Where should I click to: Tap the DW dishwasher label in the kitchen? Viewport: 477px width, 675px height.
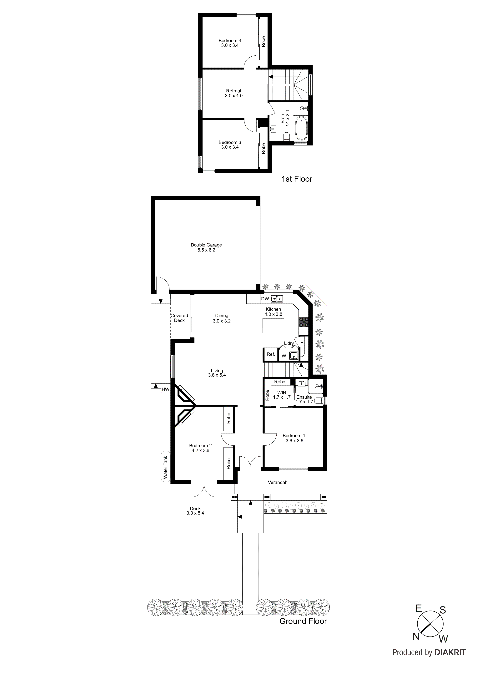265,299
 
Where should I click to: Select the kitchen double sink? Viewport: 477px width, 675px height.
277,299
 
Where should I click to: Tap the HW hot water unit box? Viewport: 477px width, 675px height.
165,389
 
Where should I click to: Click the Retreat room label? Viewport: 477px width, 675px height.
234,93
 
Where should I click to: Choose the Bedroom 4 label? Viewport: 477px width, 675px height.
230,43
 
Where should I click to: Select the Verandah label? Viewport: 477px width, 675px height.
277,482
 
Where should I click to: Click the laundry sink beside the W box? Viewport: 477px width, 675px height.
294,356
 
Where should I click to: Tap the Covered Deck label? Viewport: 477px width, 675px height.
179,318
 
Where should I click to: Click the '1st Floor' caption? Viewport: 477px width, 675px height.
297,179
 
